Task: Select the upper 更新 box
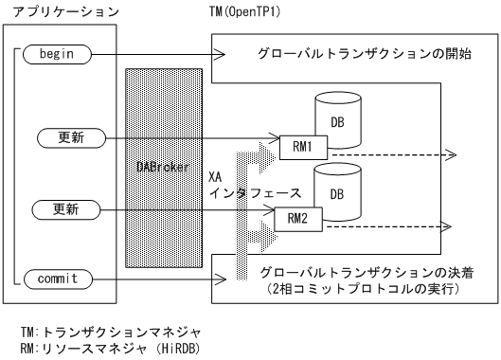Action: coord(64,138)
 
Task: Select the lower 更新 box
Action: coord(64,207)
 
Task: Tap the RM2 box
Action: coord(291,220)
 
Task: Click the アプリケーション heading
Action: coord(59,12)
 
